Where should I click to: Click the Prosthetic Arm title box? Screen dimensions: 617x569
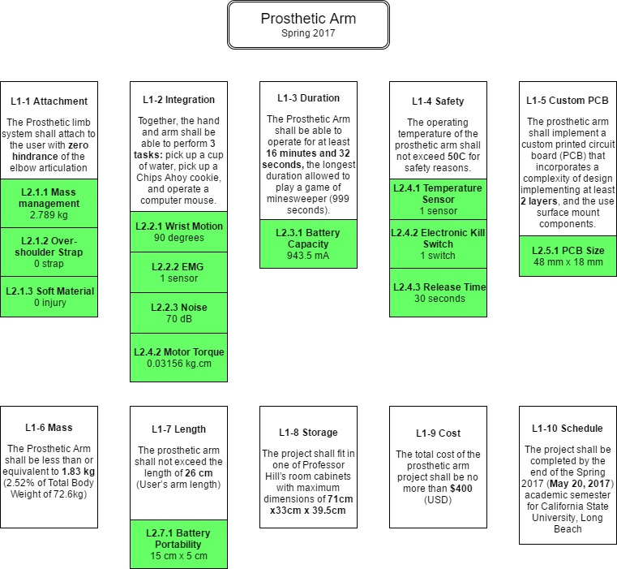pos(308,25)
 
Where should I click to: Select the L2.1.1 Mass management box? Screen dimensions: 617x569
pos(49,203)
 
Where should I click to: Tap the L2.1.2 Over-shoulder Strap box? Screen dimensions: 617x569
pos(49,252)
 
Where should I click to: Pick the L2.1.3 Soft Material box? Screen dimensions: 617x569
pos(49,297)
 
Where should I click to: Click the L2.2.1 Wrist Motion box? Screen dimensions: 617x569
pos(178,231)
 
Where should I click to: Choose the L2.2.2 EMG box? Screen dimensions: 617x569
pos(178,272)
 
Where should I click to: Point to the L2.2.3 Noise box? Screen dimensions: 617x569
pos(178,313)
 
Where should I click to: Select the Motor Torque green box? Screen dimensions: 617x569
pos(178,357)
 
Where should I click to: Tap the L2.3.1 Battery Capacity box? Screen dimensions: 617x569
pos(308,244)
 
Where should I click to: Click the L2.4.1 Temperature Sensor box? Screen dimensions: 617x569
pos(438,200)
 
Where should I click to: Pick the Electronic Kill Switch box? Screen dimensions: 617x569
pos(438,244)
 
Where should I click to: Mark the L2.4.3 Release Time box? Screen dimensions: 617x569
pos(438,292)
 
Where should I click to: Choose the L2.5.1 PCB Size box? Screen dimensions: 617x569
pos(568,256)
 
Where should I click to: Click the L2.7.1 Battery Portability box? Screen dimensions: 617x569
pos(178,544)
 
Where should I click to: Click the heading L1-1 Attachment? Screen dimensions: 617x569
pos(49,101)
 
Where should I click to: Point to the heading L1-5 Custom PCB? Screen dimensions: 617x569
pos(568,101)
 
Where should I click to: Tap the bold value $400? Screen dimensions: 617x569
pos(461,489)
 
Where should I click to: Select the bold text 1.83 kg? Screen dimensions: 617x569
pos(79,472)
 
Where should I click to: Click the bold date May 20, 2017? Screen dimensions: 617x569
pos(580,484)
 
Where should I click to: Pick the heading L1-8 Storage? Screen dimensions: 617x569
pos(308,433)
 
